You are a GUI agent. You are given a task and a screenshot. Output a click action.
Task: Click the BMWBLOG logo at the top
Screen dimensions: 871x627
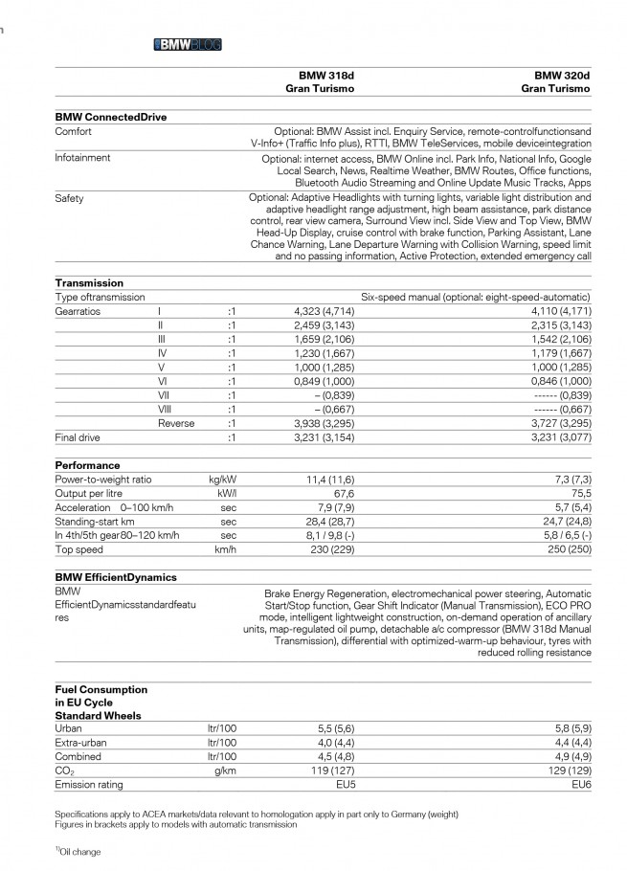pos(188,44)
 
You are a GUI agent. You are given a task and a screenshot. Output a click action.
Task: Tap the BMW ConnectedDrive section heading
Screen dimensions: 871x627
pos(111,117)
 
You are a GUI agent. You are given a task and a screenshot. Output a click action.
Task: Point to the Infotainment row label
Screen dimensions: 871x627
pos(82,158)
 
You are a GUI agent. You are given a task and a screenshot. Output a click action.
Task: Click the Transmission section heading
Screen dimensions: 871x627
pos(89,283)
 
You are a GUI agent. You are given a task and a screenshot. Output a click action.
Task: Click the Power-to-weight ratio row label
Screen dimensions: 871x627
pos(103,480)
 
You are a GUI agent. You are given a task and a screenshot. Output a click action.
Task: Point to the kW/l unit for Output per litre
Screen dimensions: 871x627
pos(227,494)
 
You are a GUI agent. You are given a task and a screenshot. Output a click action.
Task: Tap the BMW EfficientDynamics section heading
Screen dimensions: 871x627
pos(116,578)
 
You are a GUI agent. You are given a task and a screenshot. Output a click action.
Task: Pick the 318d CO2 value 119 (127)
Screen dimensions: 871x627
pos(325,770)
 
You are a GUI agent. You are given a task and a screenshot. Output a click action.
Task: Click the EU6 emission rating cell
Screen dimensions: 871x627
pos(581,785)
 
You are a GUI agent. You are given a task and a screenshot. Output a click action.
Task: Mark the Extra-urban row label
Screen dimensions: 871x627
pos(80,743)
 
